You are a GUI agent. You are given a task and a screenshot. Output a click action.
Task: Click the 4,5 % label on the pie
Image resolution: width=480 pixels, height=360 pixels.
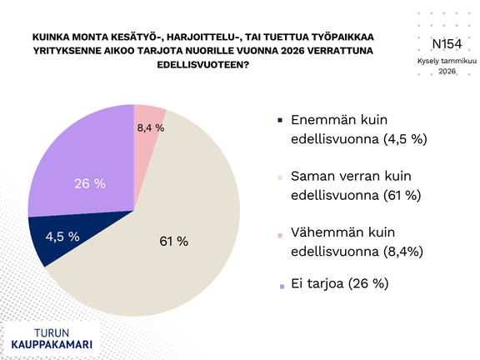coord(63,237)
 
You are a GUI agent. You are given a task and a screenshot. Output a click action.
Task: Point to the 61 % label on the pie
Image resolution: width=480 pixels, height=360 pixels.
coord(174,242)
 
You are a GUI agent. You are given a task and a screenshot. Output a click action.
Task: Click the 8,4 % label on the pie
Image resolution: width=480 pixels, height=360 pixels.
coord(150,127)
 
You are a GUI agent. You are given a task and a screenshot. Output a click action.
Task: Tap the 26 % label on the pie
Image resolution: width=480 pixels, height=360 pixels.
coord(89,183)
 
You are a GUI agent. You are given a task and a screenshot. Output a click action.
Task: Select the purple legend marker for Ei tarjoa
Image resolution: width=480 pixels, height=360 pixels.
coord(283,284)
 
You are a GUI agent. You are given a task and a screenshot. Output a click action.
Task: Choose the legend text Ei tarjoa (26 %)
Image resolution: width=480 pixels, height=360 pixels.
coord(339,284)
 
